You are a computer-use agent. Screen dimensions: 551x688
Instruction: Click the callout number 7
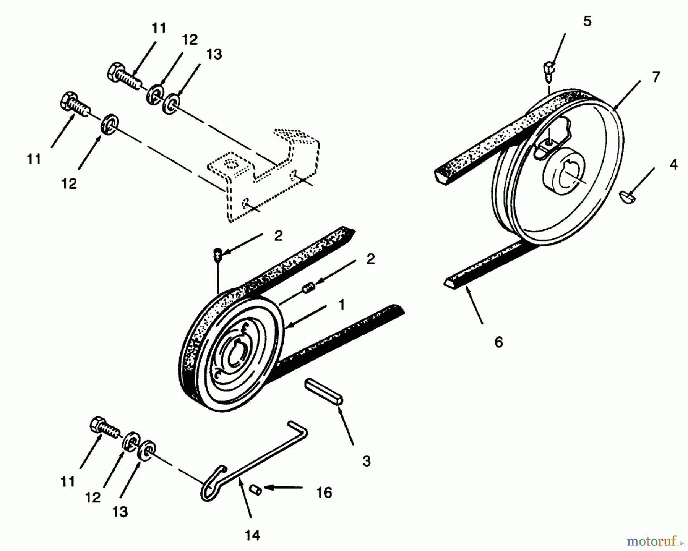(x=656, y=77)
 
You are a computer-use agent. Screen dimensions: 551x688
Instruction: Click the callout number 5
(x=587, y=21)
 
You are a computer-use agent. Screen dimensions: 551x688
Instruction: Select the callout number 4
(x=673, y=165)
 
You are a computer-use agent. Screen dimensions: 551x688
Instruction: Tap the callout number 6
(x=498, y=342)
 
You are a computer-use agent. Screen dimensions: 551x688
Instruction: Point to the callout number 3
(x=366, y=461)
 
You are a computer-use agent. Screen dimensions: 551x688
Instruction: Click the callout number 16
(x=324, y=493)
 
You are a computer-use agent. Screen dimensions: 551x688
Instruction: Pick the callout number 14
(x=252, y=535)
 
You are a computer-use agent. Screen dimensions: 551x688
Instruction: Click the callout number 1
(x=341, y=305)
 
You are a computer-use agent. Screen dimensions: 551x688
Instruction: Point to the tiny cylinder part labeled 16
(x=255, y=489)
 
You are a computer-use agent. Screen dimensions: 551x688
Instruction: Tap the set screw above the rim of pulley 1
(x=218, y=254)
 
